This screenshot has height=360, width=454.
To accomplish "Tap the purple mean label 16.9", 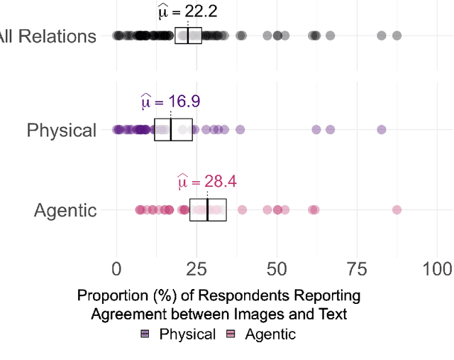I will tap(170, 102).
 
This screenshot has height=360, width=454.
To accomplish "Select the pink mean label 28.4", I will tap(206, 182).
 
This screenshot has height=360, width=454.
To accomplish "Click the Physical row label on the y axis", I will tap(61, 130).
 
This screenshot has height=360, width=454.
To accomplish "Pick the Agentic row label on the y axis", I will tap(65, 209).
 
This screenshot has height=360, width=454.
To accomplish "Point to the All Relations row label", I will tap(47, 36).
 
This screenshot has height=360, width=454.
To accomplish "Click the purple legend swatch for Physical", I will tap(145, 334).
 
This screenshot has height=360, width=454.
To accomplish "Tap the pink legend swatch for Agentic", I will tap(231, 334).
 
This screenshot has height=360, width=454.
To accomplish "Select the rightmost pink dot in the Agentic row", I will tap(397, 209).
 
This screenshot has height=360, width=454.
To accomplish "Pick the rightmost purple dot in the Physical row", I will tap(382, 129).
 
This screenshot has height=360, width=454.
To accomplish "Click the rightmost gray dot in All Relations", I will tap(397, 36).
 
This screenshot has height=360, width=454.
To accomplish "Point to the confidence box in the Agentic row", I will tap(208, 209).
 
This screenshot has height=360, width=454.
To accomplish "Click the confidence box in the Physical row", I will tap(173, 129).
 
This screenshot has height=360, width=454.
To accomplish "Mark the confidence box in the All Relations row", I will tap(188, 36).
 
